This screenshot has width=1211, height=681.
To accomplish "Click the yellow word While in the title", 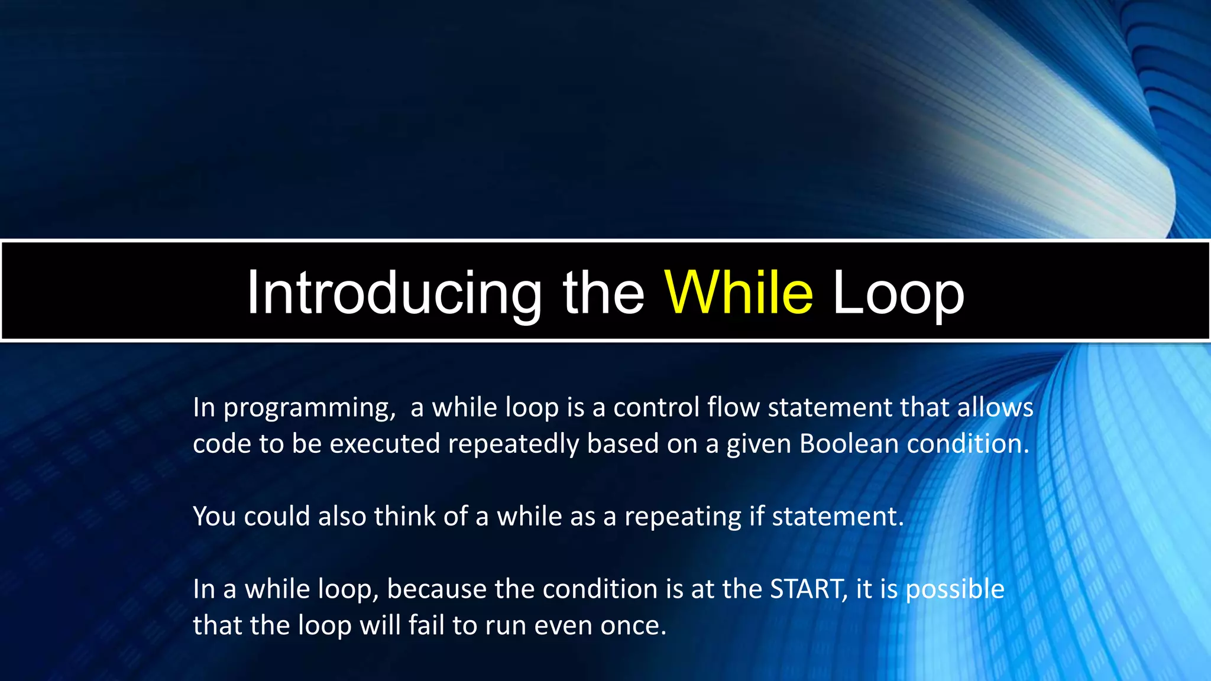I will coord(739,293).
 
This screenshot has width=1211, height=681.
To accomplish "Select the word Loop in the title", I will coord(898,293).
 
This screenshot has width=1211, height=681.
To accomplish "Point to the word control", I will coord(656,408).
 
